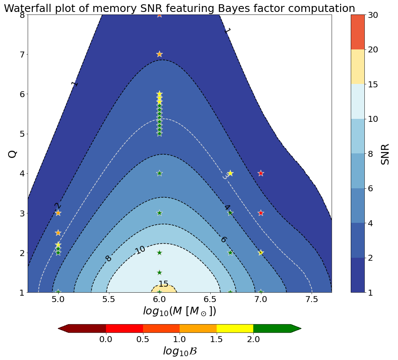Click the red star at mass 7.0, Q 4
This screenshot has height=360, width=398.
261,173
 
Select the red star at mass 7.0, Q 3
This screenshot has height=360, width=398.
261,213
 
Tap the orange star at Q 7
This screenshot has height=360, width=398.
159,54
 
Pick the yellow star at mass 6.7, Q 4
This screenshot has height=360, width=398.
230,173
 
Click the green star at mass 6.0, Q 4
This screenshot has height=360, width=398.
159,173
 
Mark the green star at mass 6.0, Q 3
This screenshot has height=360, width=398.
159,213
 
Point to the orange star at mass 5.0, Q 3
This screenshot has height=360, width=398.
58,213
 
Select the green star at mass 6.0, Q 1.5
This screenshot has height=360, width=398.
159,273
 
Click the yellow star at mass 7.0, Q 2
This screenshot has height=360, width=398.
261,253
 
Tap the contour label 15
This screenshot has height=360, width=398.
163,284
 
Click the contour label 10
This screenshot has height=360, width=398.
140,250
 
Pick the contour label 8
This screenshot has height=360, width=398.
109,259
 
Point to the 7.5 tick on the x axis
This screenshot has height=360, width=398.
312,300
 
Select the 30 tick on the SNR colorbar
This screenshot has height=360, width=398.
373,15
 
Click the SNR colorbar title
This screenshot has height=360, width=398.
385,153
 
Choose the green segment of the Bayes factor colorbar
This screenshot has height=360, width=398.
272,328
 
